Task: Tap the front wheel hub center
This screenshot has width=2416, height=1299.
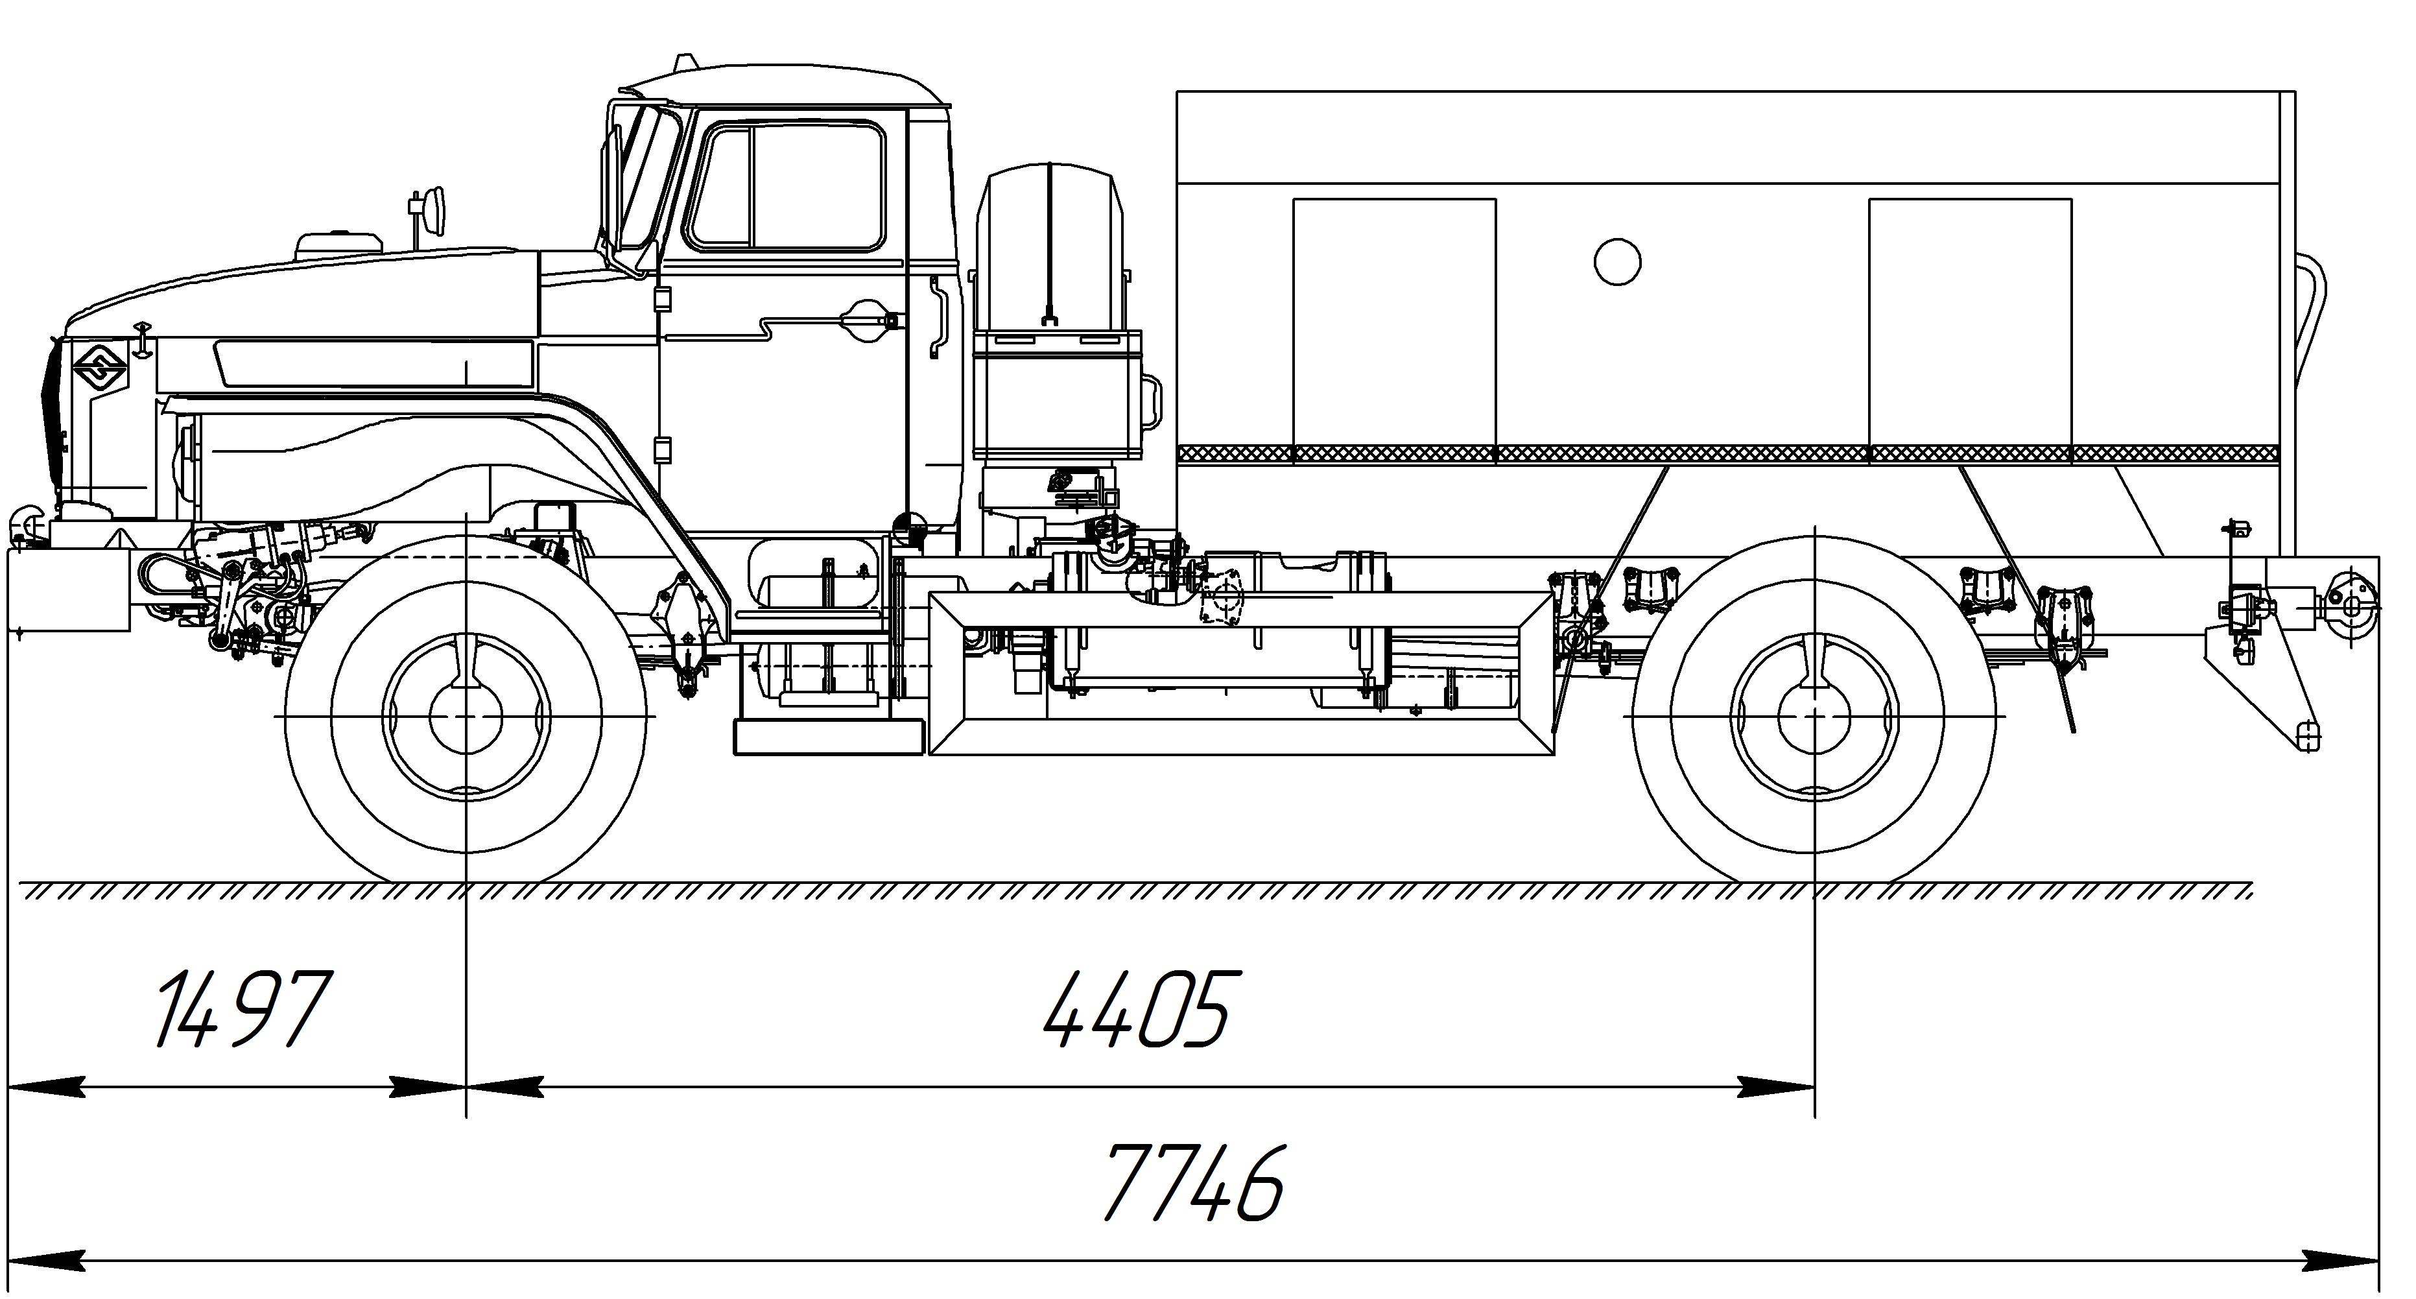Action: click(466, 715)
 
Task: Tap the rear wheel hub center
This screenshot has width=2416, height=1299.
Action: click(1815, 715)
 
